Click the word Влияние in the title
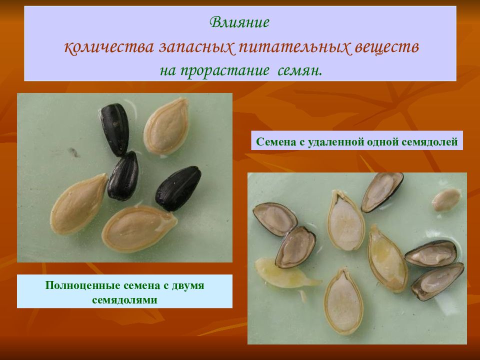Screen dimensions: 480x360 tap(239, 22)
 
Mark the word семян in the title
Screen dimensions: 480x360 tap(299, 71)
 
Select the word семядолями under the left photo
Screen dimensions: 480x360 tap(124, 299)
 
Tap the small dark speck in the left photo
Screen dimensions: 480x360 tap(74, 152)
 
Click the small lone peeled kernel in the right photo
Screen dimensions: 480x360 tap(446, 199)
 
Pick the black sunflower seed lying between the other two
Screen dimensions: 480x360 tap(123, 176)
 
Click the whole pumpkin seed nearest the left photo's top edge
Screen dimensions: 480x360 tap(166, 126)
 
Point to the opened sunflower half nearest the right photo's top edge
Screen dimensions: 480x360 tap(381, 191)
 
